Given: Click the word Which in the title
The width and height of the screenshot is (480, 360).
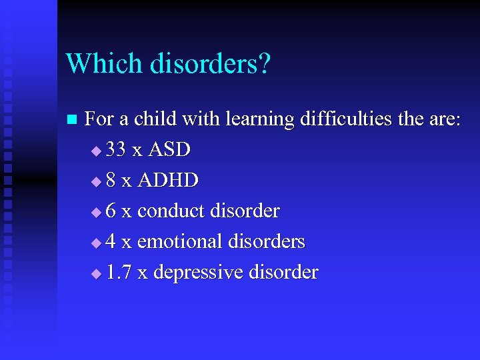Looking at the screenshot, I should (104, 64).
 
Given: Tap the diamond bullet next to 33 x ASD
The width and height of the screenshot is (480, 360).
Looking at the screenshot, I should (97, 151).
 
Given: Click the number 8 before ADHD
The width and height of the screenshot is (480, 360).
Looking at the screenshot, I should (111, 181).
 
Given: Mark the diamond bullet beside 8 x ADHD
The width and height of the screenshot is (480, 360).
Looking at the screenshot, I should (97, 182).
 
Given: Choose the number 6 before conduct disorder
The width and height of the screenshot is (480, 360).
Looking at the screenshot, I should (111, 211).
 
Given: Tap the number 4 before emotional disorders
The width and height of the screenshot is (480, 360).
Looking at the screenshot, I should (111, 241).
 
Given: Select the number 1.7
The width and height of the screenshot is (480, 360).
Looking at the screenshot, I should (118, 272).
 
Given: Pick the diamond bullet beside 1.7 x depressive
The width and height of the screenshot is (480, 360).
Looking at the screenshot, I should (97, 273).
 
